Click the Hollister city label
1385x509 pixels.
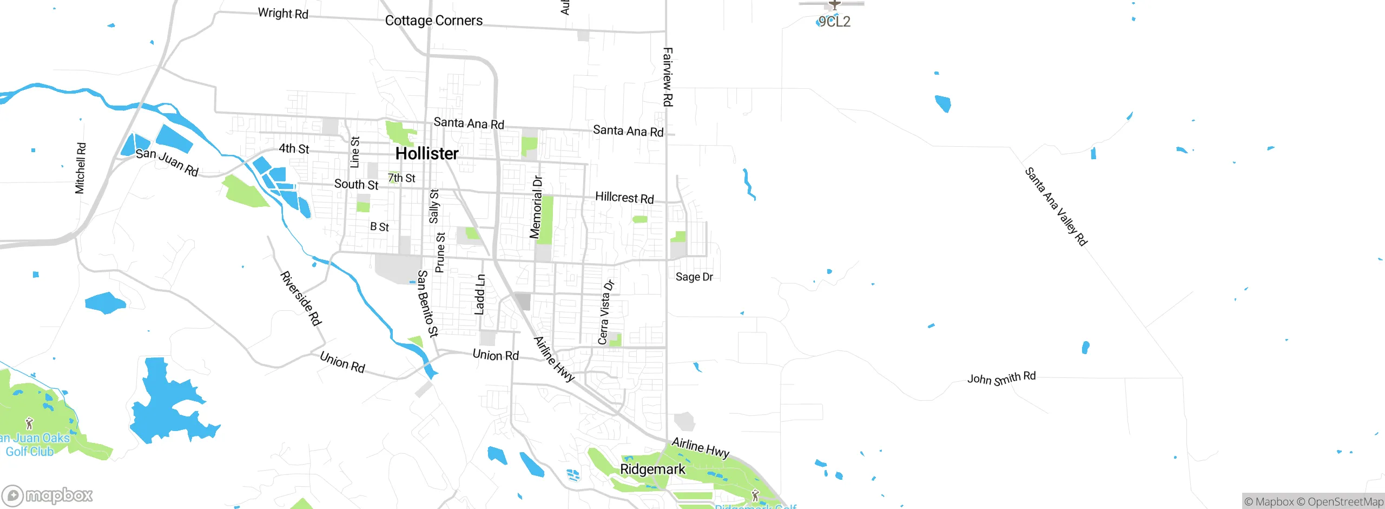427,153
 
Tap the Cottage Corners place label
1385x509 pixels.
433,21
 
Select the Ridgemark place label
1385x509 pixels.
652,469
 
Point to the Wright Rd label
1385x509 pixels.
283,13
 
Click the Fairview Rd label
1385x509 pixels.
668,77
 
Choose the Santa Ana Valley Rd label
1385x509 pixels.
1056,206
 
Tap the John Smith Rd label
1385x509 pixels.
1001,378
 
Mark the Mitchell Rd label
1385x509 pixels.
80,168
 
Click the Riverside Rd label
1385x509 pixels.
301,298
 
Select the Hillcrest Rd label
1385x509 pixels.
624,197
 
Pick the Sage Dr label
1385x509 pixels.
694,277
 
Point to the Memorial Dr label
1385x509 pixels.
536,207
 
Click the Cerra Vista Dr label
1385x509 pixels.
606,312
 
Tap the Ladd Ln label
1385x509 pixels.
480,295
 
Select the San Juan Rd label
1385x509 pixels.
167,162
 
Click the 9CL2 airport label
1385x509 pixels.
834,22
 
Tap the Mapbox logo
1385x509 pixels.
48,495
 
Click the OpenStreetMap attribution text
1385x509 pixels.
1345,502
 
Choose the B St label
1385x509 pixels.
379,227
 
